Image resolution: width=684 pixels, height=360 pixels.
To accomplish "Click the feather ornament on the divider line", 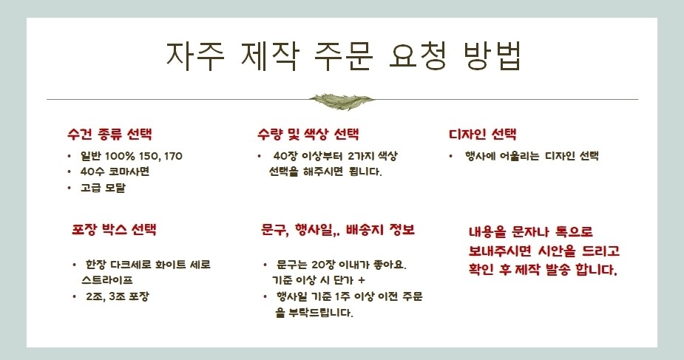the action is [x=342, y=101].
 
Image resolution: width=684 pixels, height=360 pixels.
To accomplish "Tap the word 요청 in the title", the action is [x=418, y=55].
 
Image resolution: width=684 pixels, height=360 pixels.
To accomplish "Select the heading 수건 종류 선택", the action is [x=109, y=134].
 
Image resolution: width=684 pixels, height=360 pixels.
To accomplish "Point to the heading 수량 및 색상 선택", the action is [x=308, y=134].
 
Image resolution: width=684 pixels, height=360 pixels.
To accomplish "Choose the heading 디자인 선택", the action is [x=482, y=134].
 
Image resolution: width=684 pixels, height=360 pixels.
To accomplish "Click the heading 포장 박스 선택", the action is [x=114, y=229].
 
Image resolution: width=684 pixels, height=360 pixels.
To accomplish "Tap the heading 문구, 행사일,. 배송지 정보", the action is [x=338, y=230].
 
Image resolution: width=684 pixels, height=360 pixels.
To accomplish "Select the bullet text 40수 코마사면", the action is [x=115, y=171].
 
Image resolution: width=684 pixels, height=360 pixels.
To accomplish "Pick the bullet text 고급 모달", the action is [x=103, y=188].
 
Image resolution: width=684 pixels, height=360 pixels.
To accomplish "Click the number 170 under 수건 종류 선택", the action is [x=173, y=156].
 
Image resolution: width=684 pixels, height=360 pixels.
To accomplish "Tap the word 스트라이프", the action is [x=107, y=280].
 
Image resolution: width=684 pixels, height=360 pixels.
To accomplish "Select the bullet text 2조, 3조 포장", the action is [x=118, y=296].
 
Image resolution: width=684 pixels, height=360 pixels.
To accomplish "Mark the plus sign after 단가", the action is [x=361, y=280].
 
